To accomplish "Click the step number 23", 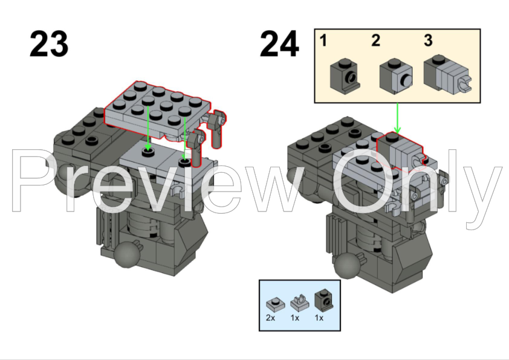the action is click(49, 43).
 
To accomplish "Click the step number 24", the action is click(279, 43).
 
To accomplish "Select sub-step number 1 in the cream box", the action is click(323, 41).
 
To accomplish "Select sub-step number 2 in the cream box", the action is click(375, 40).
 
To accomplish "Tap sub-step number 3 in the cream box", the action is click(428, 40).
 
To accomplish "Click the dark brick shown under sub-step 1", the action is click(345, 77).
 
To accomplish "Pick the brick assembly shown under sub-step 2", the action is click(396, 77).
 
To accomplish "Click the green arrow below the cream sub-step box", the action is click(397, 118).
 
